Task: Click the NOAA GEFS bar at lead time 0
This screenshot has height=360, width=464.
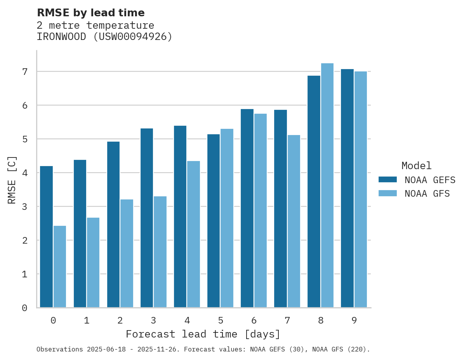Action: (46, 237)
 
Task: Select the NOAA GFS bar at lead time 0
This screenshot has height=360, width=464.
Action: (60, 267)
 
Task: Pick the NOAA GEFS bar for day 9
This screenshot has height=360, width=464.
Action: (347, 188)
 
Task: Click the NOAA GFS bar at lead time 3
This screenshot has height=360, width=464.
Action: (160, 252)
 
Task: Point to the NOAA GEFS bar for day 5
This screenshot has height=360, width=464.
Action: (214, 221)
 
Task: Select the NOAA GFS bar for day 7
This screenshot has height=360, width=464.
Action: (294, 221)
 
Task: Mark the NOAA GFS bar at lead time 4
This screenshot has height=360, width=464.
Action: (193, 234)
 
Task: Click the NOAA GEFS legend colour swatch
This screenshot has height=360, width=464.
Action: (388, 180)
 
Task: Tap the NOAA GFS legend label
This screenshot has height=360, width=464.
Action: (427, 194)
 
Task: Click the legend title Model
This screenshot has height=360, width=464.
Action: (416, 166)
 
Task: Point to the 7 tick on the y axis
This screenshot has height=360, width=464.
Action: (25, 72)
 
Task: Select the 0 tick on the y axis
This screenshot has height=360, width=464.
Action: (25, 308)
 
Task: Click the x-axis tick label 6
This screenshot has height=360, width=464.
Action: (254, 320)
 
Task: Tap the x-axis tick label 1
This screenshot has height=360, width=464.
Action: (87, 320)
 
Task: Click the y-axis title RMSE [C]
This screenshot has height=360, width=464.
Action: (12, 180)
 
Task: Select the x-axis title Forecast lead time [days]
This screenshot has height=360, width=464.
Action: (203, 334)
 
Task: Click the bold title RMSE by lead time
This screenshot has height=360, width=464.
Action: (90, 13)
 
